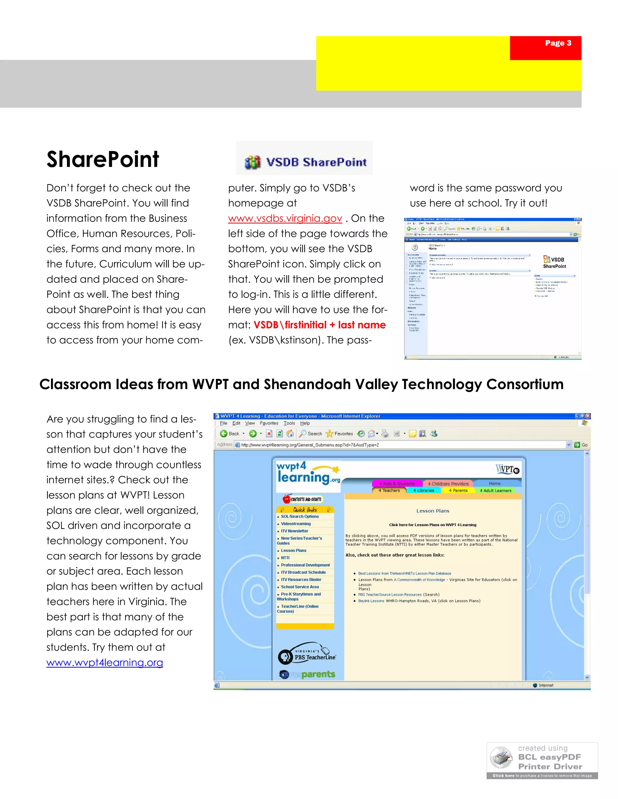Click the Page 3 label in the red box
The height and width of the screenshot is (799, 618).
[558, 43]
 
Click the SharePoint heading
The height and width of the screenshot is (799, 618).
[103, 159]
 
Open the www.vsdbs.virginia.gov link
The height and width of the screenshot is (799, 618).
[285, 218]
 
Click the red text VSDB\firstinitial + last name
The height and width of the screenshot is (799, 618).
[319, 325]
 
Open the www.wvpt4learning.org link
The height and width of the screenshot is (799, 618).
[105, 662]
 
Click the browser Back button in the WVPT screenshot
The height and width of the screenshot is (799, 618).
[230, 434]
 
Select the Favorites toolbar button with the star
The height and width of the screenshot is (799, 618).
[339, 434]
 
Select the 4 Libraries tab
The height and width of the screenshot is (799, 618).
[424, 491]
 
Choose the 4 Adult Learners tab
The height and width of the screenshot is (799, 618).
[495, 491]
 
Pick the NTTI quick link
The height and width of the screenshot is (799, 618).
[285, 558]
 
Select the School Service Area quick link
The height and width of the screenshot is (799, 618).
[299, 587]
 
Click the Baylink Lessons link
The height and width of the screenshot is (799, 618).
[371, 601]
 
